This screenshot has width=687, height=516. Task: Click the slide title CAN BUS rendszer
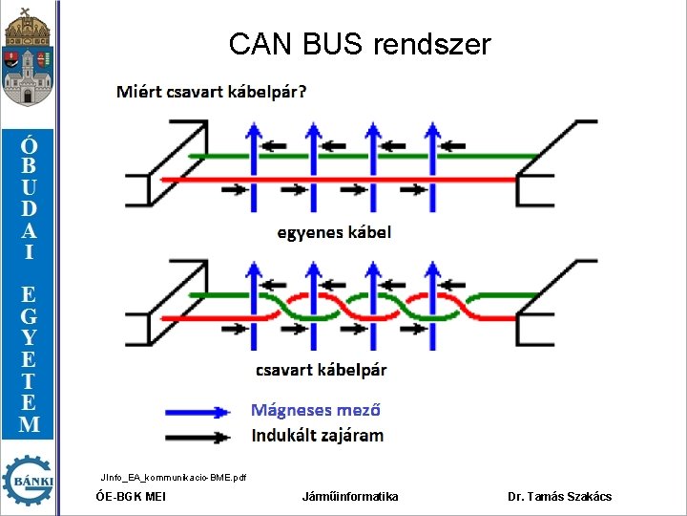click(x=360, y=44)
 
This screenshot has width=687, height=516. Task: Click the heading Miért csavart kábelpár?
click(x=212, y=93)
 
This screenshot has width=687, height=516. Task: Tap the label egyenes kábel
click(x=334, y=232)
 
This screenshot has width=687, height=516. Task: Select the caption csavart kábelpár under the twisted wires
click(x=322, y=370)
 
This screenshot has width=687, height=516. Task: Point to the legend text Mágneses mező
click(x=316, y=410)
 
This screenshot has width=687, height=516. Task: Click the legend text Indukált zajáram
click(x=318, y=436)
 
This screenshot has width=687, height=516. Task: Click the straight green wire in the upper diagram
click(x=401, y=156)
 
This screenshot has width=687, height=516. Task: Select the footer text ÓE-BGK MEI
click(x=132, y=497)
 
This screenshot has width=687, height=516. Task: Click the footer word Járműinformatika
click(x=350, y=497)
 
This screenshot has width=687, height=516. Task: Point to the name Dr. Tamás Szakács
click(x=560, y=497)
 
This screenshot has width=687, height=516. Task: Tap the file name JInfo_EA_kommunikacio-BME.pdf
click(x=173, y=476)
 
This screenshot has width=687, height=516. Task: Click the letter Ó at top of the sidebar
click(x=30, y=145)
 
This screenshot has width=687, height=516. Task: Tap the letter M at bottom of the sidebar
click(x=30, y=424)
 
